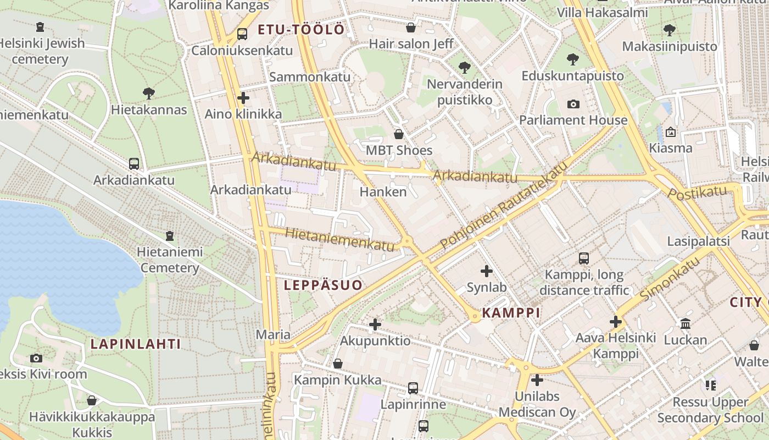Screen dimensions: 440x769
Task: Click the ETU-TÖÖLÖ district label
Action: [301, 30]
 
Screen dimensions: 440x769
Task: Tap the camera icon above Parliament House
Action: [573, 104]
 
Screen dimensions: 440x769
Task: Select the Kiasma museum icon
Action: [670, 132]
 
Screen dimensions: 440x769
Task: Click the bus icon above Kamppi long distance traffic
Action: [584, 258]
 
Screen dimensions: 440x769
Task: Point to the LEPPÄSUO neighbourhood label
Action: [324, 285]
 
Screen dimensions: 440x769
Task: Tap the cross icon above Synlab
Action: [487, 271]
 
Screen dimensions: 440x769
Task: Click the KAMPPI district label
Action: [511, 313]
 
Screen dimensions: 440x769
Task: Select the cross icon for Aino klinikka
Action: [243, 98]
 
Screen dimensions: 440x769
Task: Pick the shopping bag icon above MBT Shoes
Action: [399, 134]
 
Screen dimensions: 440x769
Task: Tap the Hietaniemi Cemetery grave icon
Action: [170, 236]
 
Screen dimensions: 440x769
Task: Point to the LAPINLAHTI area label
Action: [135, 344]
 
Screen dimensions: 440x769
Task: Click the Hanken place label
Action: [383, 191]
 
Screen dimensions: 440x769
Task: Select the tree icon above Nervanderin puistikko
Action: [464, 68]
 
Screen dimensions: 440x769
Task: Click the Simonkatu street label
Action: [670, 278]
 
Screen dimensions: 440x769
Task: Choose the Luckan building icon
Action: [685, 324]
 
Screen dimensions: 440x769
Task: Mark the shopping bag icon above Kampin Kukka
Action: [338, 364]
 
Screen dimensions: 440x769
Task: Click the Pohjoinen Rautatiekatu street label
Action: [502, 206]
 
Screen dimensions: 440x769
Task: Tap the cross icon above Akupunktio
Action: [375, 324]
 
